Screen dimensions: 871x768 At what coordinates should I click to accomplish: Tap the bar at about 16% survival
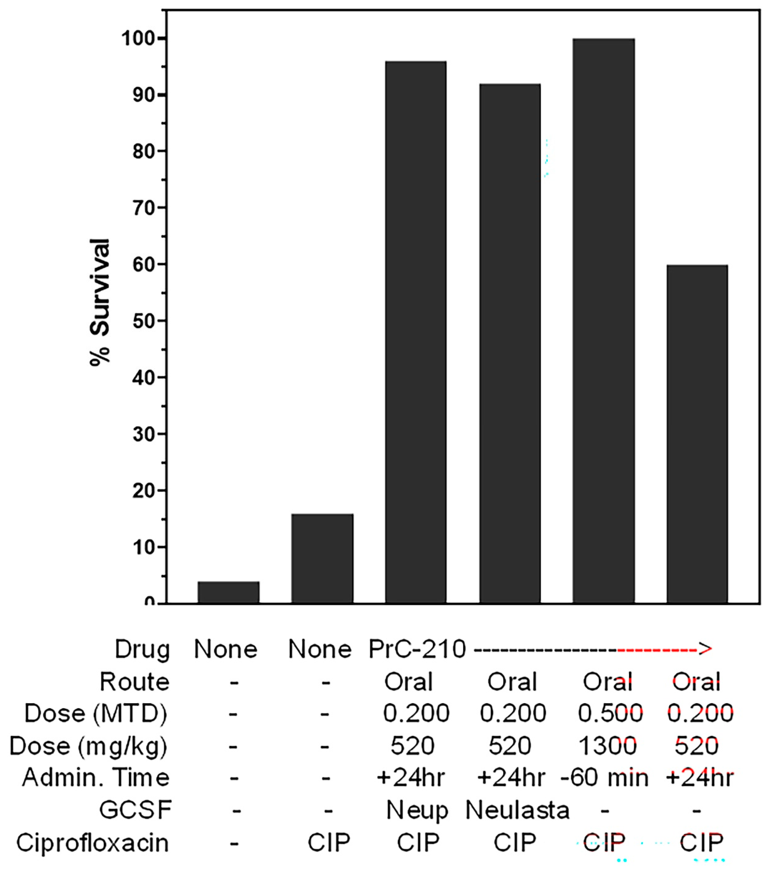point(322,558)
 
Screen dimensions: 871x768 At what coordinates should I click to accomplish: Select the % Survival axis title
point(100,303)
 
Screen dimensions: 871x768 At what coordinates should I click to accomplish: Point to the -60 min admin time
point(604,778)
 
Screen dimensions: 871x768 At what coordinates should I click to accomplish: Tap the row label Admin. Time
point(96,778)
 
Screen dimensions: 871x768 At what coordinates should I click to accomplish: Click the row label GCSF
point(136,810)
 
